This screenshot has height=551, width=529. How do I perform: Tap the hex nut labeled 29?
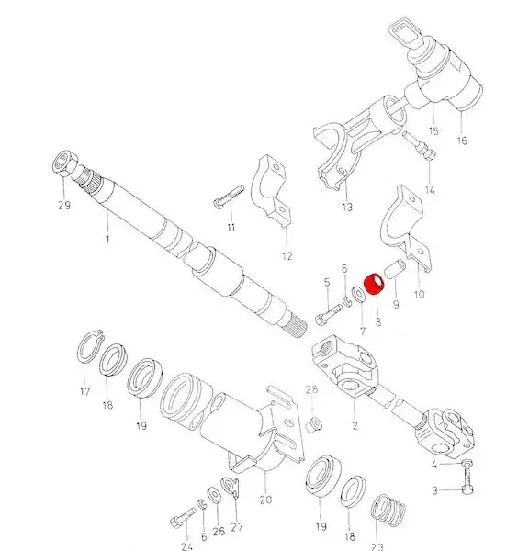tap(64, 163)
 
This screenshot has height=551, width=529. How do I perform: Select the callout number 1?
tap(107, 239)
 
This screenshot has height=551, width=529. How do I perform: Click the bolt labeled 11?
tap(229, 197)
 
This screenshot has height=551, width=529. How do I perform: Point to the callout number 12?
tap(287, 256)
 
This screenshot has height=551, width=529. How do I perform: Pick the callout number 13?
tap(347, 207)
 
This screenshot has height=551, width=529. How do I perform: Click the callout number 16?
tap(462, 141)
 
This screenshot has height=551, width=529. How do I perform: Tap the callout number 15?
tap(433, 130)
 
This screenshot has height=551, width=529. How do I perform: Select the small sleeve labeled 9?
tap(395, 269)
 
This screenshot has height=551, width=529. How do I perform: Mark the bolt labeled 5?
tap(329, 315)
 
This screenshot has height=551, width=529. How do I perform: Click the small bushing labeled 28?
tap(314, 424)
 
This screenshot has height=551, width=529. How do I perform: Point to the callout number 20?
tap(265, 499)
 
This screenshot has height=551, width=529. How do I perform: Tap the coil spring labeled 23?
tap(388, 509)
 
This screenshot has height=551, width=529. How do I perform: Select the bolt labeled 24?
tap(183, 518)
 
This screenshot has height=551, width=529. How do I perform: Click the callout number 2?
tap(355, 425)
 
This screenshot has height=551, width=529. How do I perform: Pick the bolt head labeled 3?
tap(467, 489)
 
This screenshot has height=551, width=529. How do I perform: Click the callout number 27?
tap(237, 527)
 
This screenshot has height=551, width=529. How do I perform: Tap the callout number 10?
tap(419, 295)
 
